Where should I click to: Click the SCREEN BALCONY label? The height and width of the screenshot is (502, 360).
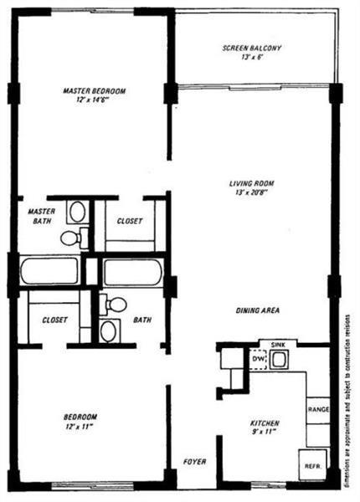click(252, 54)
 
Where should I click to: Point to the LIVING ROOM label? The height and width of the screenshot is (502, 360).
click(252, 188)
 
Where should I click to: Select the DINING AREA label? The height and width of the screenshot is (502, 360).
click(257, 310)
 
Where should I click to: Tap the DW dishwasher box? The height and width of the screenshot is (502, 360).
click(258, 360)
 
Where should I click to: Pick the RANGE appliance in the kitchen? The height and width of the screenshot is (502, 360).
click(317, 409)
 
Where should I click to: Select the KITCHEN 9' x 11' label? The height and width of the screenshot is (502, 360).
click(264, 428)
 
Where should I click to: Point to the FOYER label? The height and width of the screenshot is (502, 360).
click(193, 461)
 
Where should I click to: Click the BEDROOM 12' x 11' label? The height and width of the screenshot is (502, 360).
click(81, 421)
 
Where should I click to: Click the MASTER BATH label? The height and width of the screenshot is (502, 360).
click(41, 217)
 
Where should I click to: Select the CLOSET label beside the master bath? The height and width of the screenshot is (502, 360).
click(129, 221)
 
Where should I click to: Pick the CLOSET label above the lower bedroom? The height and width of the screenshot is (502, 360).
click(54, 319)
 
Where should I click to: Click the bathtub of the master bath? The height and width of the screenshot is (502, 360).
click(49, 271)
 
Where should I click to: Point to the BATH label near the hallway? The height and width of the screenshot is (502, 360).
click(141, 319)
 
